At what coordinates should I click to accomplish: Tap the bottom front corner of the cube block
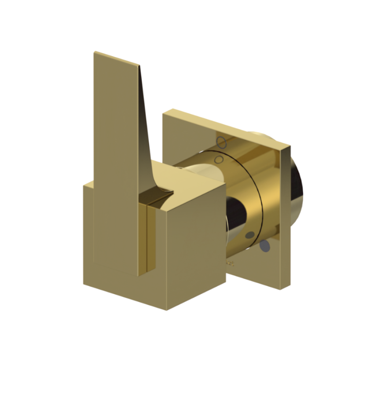(167, 309)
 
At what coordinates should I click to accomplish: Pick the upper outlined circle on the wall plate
(222, 142)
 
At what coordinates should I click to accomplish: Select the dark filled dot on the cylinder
(250, 235)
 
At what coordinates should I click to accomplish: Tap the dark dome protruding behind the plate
(297, 189)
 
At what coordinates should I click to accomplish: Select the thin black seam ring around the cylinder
(263, 193)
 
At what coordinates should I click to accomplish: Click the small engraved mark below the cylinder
(231, 264)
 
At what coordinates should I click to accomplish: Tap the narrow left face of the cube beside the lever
(88, 233)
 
